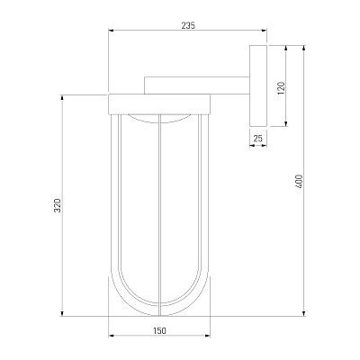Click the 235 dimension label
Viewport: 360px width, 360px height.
pyautogui.click(x=188, y=26)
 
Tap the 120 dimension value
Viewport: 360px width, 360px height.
pyautogui.click(x=281, y=88)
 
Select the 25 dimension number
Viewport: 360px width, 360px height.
pyautogui.click(x=258, y=139)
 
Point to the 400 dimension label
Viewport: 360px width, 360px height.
pyautogui.click(x=300, y=181)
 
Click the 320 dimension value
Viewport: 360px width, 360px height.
pyautogui.click(x=58, y=205)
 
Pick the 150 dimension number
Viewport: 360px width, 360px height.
pyautogui.click(x=159, y=331)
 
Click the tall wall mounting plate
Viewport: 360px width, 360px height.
pyautogui.click(x=258, y=85)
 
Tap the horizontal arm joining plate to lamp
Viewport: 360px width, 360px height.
pyautogui.click(x=197, y=85)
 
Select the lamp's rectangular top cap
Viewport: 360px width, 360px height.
pyautogui.click(x=159, y=104)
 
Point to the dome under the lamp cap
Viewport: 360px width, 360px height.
pyautogui.click(x=159, y=120)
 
